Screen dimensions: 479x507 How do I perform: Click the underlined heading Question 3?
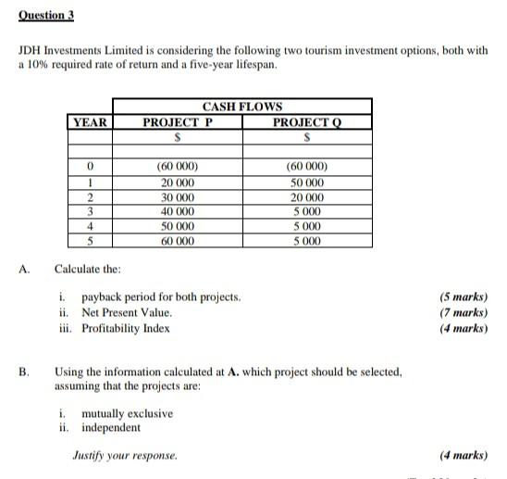[45, 16]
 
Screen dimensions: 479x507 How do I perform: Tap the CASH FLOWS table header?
[242, 107]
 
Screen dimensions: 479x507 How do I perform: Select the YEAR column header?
[90, 122]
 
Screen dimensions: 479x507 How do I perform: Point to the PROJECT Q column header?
[306, 122]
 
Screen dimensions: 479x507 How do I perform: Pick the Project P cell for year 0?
[178, 168]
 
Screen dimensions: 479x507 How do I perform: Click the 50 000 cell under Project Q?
[306, 183]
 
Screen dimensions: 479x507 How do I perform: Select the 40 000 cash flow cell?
[178, 211]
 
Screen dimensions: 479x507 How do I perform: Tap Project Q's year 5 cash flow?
[306, 241]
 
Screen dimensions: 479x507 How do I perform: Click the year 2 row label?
[90, 197]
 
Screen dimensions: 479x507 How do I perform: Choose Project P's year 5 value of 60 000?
[178, 241]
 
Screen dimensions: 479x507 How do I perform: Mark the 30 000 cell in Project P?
[178, 197]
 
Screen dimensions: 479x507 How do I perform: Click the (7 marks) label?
[464, 313]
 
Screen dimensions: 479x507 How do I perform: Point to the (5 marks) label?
[464, 298]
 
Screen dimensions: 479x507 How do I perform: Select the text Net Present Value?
[127, 313]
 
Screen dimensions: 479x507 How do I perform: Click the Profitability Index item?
[126, 328]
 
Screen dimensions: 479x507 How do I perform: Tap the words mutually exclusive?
[127, 413]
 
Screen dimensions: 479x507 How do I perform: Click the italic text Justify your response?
[125, 455]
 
